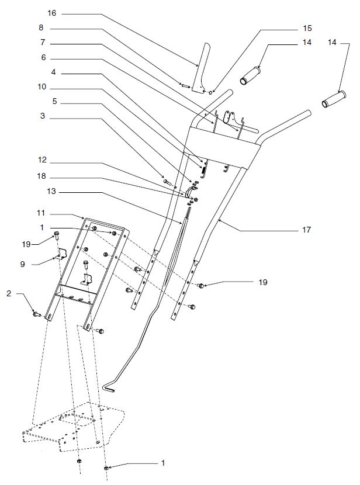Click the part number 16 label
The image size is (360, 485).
tap(51, 13)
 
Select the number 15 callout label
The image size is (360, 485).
tap(307, 28)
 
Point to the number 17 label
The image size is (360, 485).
tap(307, 230)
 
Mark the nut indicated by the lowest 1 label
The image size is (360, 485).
tap(107, 468)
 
